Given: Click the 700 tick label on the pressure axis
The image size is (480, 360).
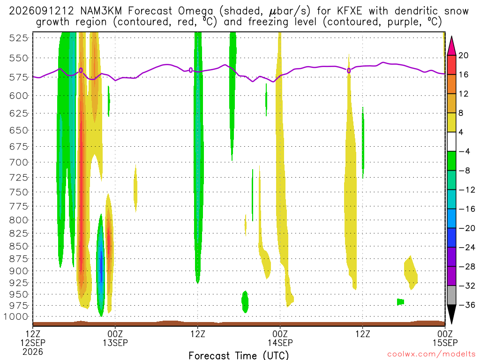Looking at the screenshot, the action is tap(18, 162).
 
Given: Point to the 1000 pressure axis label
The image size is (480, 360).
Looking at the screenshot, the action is tap(16, 316).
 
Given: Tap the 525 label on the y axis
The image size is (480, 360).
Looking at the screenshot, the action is tap(18, 38).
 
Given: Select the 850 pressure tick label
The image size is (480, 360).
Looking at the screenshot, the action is tap(18, 246).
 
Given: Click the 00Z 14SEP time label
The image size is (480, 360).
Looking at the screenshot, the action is tap(280, 338).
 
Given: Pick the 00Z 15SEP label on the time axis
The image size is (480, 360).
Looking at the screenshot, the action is tap(445, 338).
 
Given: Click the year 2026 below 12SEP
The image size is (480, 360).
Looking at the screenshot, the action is tap(33, 352).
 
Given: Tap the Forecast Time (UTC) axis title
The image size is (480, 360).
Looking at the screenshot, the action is tap(239, 355).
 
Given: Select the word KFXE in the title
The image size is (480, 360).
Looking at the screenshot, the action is tap(349, 11).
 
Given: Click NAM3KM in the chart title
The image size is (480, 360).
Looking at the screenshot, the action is tap(101, 11).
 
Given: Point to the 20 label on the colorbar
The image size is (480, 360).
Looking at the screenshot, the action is tap(463, 55).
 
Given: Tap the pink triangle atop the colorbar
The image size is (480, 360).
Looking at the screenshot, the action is tap(451, 46).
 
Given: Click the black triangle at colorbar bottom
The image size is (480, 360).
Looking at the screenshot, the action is tap(451, 314).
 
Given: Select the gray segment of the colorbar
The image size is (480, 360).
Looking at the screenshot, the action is tap(451, 295).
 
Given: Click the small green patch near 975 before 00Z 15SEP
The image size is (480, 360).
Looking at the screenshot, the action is tap(400, 302).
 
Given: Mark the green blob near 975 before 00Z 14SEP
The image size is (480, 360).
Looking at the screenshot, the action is tap(245, 301).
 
